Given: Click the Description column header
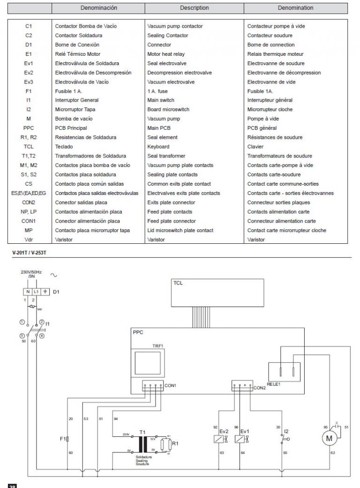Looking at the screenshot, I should tap(194, 8).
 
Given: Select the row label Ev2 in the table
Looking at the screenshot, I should tap(29, 73).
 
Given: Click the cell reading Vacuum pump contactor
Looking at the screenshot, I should tap(175, 26).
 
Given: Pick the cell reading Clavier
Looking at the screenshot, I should tap(255, 147).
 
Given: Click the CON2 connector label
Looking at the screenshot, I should tap(259, 388).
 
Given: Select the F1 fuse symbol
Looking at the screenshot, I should tap(68, 439).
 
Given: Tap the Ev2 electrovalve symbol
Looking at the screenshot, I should tap(219, 439).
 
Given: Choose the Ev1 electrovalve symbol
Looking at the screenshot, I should tap(240, 439).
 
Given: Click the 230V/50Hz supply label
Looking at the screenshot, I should tap(31, 272).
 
